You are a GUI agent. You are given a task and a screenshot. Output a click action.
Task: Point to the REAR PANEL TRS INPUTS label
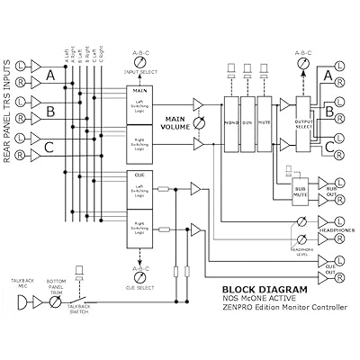pos(8,111)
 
